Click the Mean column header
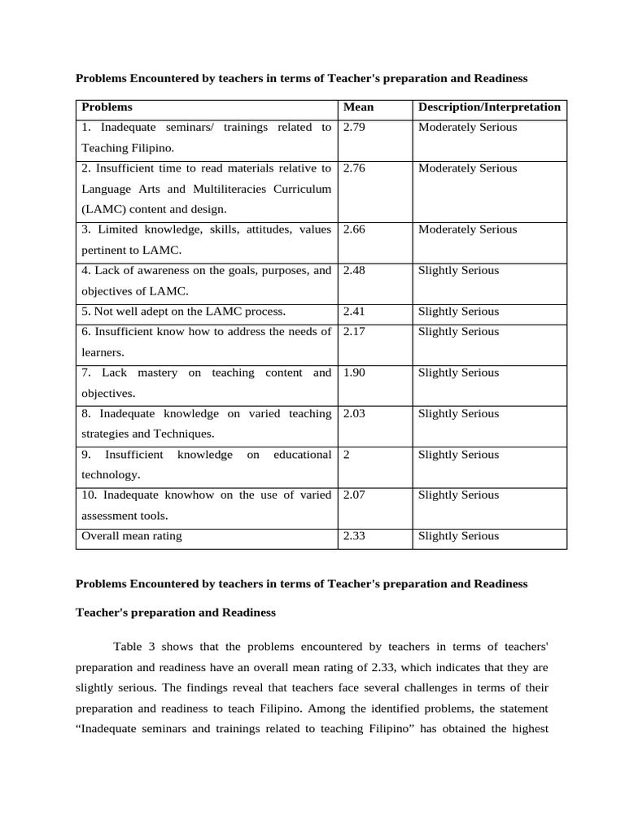(358, 107)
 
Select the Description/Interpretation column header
(489, 107)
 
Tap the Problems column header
(107, 107)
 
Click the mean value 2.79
(354, 127)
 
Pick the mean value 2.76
(354, 168)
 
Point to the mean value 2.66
(354, 229)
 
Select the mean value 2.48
(354, 270)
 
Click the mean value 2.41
(354, 312)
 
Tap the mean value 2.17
(354, 332)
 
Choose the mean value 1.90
(354, 373)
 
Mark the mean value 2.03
(354, 413)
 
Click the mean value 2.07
(354, 495)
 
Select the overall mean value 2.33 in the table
(354, 536)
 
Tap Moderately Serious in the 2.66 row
(467, 229)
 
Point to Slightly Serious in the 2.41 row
(458, 312)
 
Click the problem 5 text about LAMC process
(183, 312)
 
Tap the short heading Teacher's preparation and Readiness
(176, 612)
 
